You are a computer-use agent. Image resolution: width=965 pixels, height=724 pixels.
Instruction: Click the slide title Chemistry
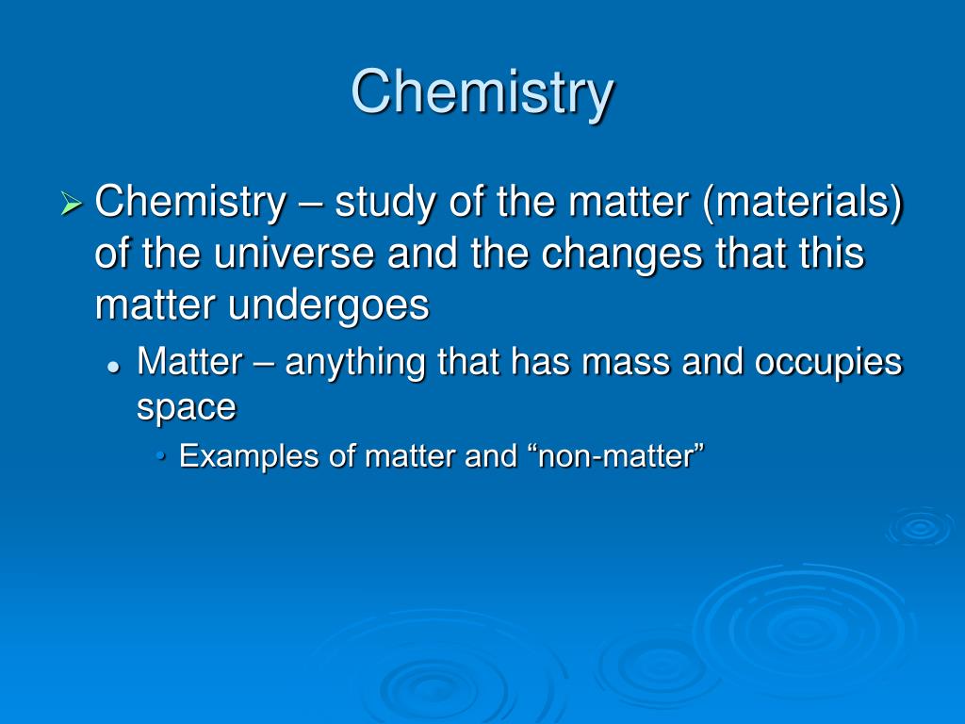pyautogui.click(x=482, y=93)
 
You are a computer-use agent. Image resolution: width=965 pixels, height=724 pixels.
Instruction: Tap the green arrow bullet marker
pyautogui.click(x=72, y=204)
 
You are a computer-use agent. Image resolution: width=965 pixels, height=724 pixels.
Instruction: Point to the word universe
pyautogui.click(x=294, y=253)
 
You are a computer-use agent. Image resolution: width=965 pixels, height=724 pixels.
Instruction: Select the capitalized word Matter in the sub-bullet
pyautogui.click(x=190, y=361)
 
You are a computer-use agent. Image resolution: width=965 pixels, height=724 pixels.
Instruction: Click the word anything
pyautogui.click(x=355, y=363)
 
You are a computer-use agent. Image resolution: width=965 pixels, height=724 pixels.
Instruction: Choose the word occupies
pyautogui.click(x=828, y=363)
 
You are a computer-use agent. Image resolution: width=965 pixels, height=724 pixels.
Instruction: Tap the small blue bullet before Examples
pyautogui.click(x=161, y=456)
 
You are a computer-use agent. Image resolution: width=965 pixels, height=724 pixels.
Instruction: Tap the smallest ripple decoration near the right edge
pyautogui.click(x=920, y=527)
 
